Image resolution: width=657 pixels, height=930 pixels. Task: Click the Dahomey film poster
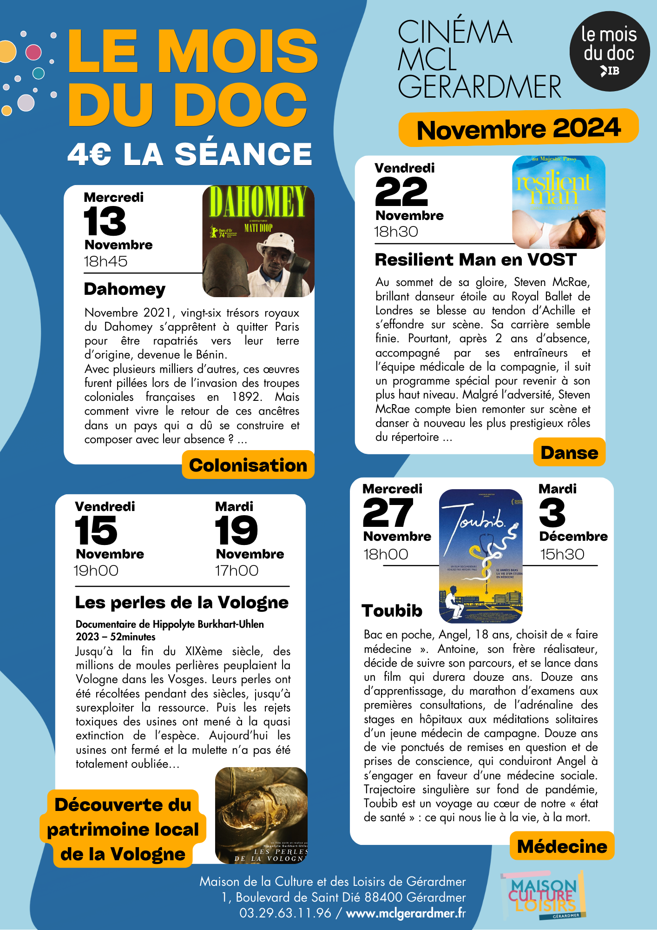[x=258, y=241]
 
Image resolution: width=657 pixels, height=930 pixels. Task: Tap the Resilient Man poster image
[x=558, y=202]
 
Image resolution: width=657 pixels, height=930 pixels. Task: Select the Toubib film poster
[x=481, y=556]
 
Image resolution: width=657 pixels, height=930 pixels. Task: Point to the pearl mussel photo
[x=261, y=816]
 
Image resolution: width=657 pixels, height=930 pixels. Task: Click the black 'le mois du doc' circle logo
[x=609, y=51]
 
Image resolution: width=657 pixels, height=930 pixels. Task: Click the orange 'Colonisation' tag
[x=248, y=465]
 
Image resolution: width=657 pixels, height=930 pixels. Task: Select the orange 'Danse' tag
[x=569, y=452]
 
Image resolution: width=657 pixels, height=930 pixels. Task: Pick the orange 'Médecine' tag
[x=562, y=846]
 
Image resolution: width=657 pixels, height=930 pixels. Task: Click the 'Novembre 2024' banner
[x=519, y=128]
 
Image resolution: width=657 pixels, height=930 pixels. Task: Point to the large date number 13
[x=105, y=221]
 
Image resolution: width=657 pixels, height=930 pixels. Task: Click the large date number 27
[x=388, y=512]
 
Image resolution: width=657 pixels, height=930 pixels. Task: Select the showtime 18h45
[x=105, y=261]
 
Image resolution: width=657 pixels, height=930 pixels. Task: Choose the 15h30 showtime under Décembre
[x=562, y=554]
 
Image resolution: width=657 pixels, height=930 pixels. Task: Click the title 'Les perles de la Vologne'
[x=182, y=603]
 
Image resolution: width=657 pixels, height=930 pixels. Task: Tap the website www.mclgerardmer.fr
[x=406, y=913]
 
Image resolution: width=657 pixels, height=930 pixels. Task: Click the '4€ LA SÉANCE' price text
[x=190, y=154]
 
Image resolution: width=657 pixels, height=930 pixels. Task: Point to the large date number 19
[x=236, y=531]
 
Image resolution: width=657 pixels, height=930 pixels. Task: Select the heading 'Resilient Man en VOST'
[x=476, y=259]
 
